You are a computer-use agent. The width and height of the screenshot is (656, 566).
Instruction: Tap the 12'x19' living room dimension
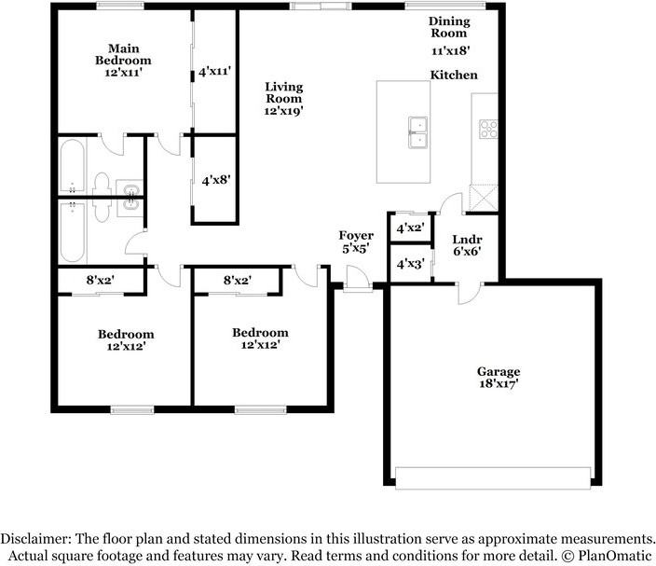[x=283, y=110]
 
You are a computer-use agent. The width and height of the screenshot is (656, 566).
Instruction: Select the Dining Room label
[x=449, y=27]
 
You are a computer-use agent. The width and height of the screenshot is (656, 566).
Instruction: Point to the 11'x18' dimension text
[x=450, y=51]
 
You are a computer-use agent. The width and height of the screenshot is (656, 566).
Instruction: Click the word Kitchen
[x=454, y=75]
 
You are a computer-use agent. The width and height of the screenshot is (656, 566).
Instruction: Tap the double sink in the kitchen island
[x=417, y=131]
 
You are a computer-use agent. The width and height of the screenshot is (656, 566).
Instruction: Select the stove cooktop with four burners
[x=488, y=129]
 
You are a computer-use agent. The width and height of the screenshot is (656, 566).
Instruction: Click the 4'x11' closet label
[x=214, y=71]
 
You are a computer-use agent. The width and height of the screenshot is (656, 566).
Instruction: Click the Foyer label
[x=356, y=236]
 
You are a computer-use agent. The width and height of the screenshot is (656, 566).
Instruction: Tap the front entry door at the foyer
[x=355, y=278]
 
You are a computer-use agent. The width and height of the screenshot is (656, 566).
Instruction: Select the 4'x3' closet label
[x=410, y=264]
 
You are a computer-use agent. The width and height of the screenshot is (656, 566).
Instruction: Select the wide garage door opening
[x=493, y=476]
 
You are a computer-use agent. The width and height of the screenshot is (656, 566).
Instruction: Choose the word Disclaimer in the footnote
[x=35, y=539]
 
